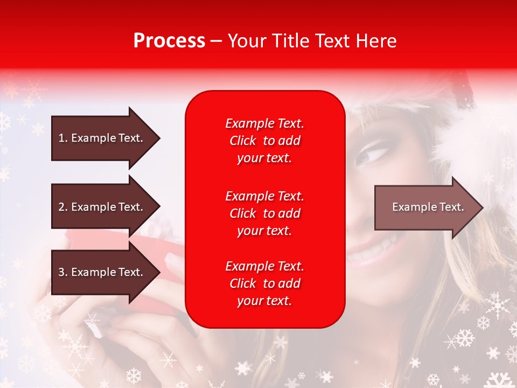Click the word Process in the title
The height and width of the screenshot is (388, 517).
[169, 41]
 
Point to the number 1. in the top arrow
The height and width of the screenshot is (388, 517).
[63, 138]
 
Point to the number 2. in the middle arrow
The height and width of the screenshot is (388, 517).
[63, 207]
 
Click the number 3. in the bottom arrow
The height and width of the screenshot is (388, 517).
[63, 272]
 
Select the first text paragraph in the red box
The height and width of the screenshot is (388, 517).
[264, 141]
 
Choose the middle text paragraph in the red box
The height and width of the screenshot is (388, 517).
[264, 213]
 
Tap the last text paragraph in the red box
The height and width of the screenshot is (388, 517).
[264, 283]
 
